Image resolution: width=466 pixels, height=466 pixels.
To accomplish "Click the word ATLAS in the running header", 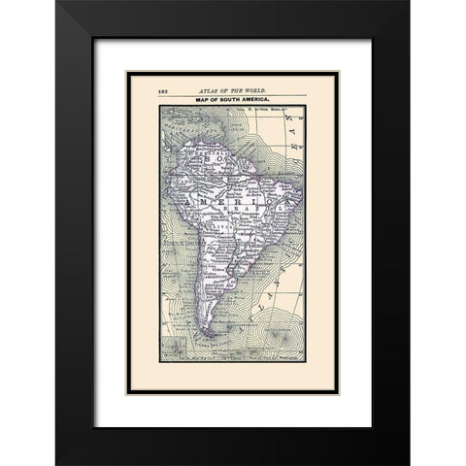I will (209, 89).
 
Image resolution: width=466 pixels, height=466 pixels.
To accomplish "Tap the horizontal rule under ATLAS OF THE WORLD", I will (233, 95).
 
